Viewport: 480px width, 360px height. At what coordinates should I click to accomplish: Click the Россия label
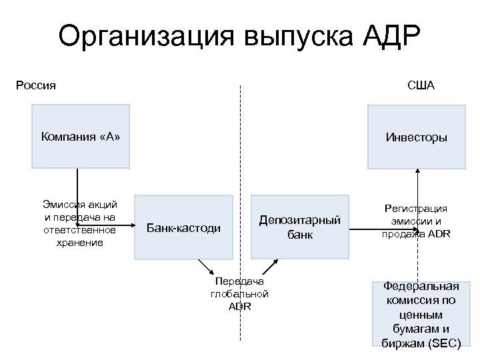coord(35,85)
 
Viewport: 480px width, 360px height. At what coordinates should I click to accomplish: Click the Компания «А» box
coord(80,137)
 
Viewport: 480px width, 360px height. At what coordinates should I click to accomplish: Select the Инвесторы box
coord(417,137)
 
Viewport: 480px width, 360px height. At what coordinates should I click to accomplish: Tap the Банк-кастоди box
coord(183,227)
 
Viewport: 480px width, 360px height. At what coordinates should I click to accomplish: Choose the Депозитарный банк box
coord(300,227)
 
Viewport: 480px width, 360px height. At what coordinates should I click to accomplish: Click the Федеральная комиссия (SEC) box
coord(421,313)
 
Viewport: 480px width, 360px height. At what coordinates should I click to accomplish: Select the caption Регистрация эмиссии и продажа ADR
coord(416,221)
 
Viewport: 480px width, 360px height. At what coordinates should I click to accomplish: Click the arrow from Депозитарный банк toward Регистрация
coord(363,231)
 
